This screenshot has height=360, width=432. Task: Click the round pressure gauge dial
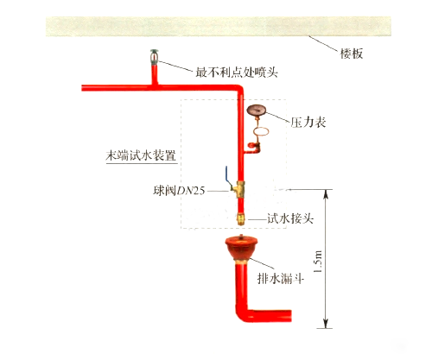pyautogui.click(x=258, y=111)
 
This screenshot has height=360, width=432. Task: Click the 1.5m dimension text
pyautogui.click(x=318, y=257)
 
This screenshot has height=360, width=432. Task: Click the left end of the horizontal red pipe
pyautogui.click(x=85, y=87)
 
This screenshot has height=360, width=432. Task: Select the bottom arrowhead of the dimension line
pyautogui.click(x=326, y=324)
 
